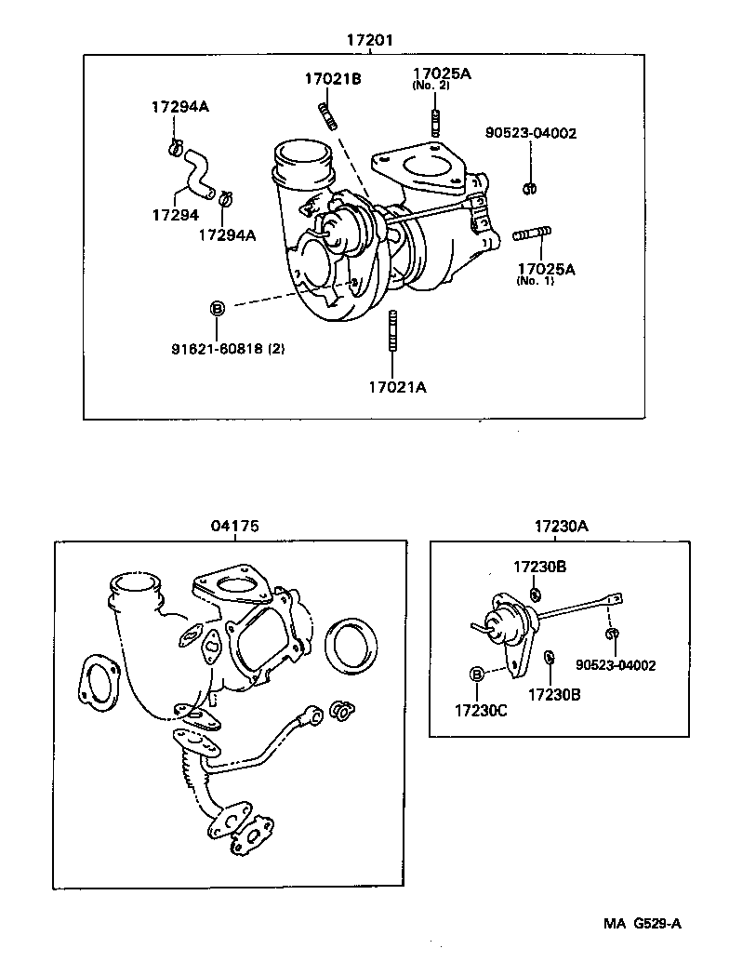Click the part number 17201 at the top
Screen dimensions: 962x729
tap(369, 40)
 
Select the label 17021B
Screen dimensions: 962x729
tap(332, 79)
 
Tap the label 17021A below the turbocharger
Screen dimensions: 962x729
tap(397, 387)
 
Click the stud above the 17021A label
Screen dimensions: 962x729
tap(393, 331)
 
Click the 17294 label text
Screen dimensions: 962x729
tap(175, 215)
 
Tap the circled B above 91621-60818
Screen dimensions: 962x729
tap(217, 308)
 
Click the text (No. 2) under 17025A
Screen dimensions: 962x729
tap(431, 86)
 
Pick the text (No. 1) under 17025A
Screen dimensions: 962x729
tap(536, 281)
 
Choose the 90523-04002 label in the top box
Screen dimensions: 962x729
tap(531, 133)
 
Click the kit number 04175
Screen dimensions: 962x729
tap(234, 526)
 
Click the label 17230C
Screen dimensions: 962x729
tap(481, 710)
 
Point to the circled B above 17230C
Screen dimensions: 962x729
tap(477, 674)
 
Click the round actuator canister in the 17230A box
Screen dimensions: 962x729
tap(506, 618)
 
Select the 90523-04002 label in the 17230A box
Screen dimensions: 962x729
tap(616, 665)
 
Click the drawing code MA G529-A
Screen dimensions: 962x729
tap(642, 923)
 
